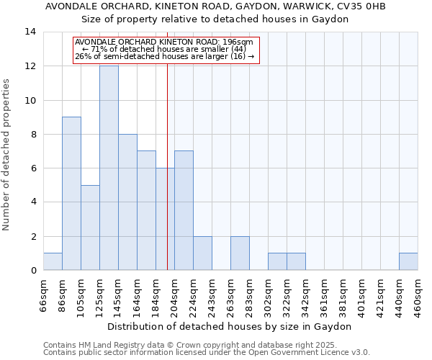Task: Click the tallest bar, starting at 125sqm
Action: coord(109,168)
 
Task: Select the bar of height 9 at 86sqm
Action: coord(71,194)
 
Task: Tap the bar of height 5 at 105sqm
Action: coord(90,228)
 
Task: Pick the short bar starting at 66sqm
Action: coord(53,261)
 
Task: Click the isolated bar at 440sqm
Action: coord(408,261)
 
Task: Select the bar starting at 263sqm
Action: coord(240,253)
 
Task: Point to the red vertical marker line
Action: coord(167,180)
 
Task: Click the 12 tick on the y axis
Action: coord(30,66)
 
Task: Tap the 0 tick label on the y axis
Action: coord(33,271)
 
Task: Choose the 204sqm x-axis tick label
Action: coord(175,296)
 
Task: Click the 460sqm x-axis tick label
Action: coord(418,296)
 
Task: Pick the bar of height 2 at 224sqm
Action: coord(202,253)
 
